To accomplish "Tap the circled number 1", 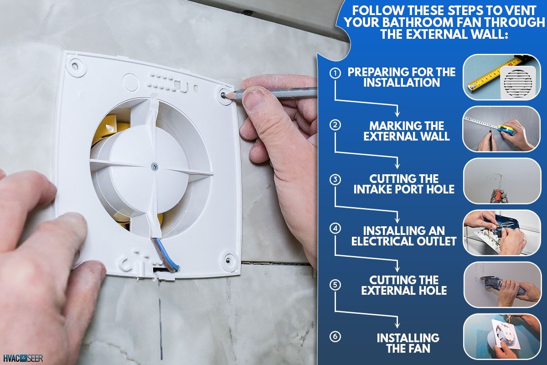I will [335, 73].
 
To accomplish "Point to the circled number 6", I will [335, 337].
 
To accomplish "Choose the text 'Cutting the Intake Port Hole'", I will [404, 183].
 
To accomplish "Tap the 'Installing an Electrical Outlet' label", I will [404, 235].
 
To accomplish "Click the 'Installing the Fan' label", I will [408, 343].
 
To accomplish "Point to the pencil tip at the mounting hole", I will [227, 95].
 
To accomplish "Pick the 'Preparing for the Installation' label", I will [401, 77].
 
